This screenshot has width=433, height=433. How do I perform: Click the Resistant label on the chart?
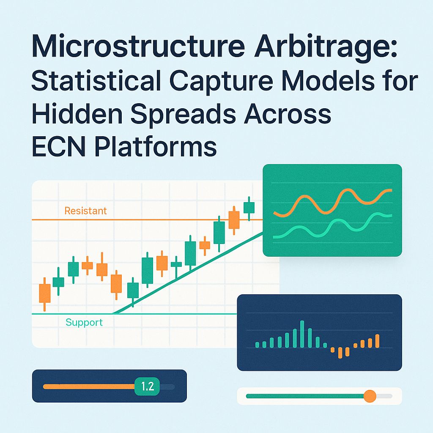[x=85, y=210]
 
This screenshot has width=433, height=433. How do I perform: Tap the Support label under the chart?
[x=84, y=323]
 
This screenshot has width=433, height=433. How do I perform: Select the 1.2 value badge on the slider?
[x=147, y=386]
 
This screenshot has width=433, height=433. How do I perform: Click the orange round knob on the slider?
[x=370, y=396]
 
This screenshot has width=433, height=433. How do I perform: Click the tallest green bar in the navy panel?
[x=302, y=334]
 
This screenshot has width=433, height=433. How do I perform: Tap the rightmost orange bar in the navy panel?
[x=377, y=341]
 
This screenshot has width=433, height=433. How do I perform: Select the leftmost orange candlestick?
[x=44, y=293]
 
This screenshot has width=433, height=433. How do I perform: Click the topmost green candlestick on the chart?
[x=249, y=208]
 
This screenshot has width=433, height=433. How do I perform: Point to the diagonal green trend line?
[x=190, y=271]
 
